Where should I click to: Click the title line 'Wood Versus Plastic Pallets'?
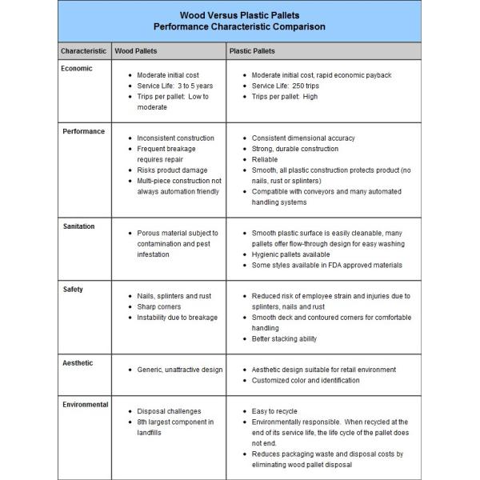pyautogui.click(x=240, y=14)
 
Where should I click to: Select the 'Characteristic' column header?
pyautogui.click(x=84, y=51)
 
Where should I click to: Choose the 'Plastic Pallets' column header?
pyautogui.click(x=252, y=51)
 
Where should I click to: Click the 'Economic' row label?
pyautogui.click(x=78, y=69)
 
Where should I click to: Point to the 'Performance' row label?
pyautogui.click(x=84, y=131)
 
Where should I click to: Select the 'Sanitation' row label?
pyautogui.click(x=79, y=226)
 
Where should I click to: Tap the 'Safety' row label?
pyautogui.click(x=73, y=289)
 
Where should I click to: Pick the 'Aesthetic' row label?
pyautogui.click(x=78, y=362)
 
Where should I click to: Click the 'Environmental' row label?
pyautogui.click(x=86, y=405)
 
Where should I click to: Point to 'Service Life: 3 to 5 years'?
pyautogui.click(x=174, y=86)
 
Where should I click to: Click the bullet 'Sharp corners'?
pyautogui.click(x=159, y=306)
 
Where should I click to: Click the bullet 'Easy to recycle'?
pyautogui.click(x=278, y=411)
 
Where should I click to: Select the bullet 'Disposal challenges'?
pyautogui.click(x=170, y=411)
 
